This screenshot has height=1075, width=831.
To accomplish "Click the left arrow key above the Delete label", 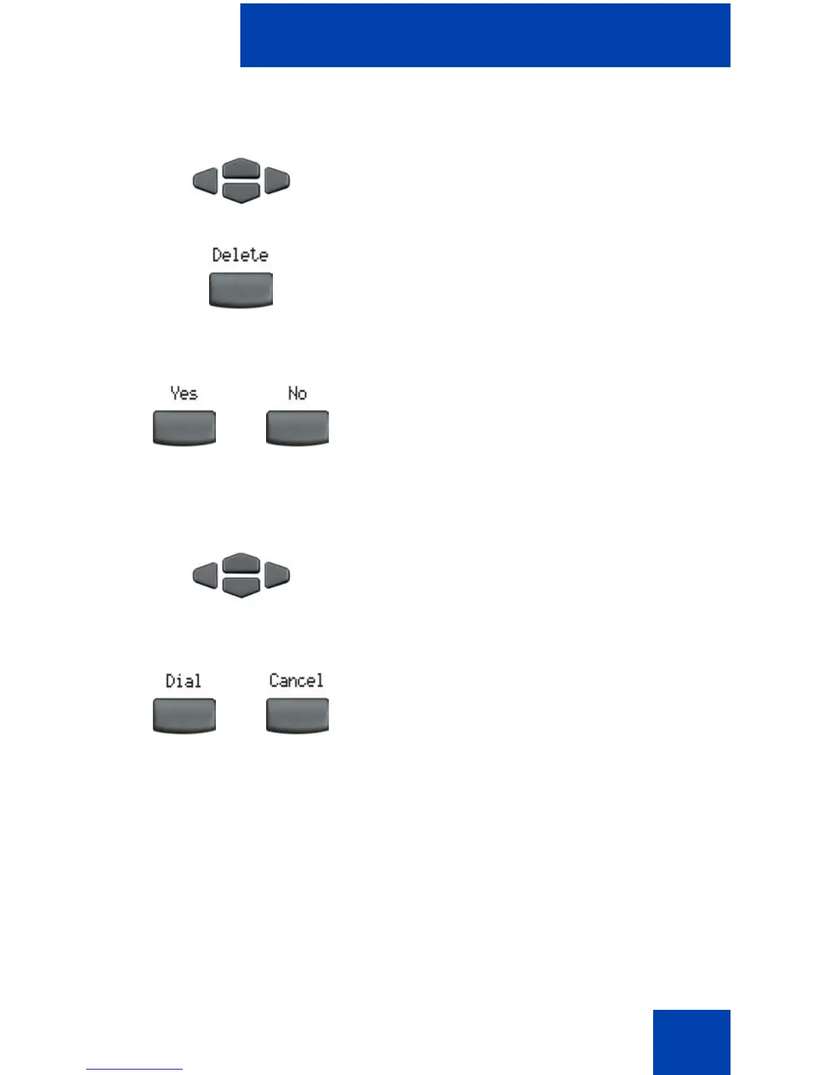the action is [205, 181].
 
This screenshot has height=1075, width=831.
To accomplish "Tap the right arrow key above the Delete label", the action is [277, 181].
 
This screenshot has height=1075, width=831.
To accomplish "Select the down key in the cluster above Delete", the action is [241, 193].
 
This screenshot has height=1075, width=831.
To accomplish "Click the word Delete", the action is [240, 255].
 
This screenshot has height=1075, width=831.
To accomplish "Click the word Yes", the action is [184, 394].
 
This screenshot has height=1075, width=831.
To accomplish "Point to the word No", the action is [297, 394].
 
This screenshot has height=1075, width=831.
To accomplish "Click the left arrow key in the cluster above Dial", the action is [205, 576].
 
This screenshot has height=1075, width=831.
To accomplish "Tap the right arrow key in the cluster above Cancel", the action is [277, 576].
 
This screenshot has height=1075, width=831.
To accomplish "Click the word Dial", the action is [183, 681].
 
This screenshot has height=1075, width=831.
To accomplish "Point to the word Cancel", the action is [297, 681].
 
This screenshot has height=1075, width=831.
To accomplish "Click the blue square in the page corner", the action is [691, 1042].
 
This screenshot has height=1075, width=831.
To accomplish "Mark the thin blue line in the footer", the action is [134, 1069].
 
